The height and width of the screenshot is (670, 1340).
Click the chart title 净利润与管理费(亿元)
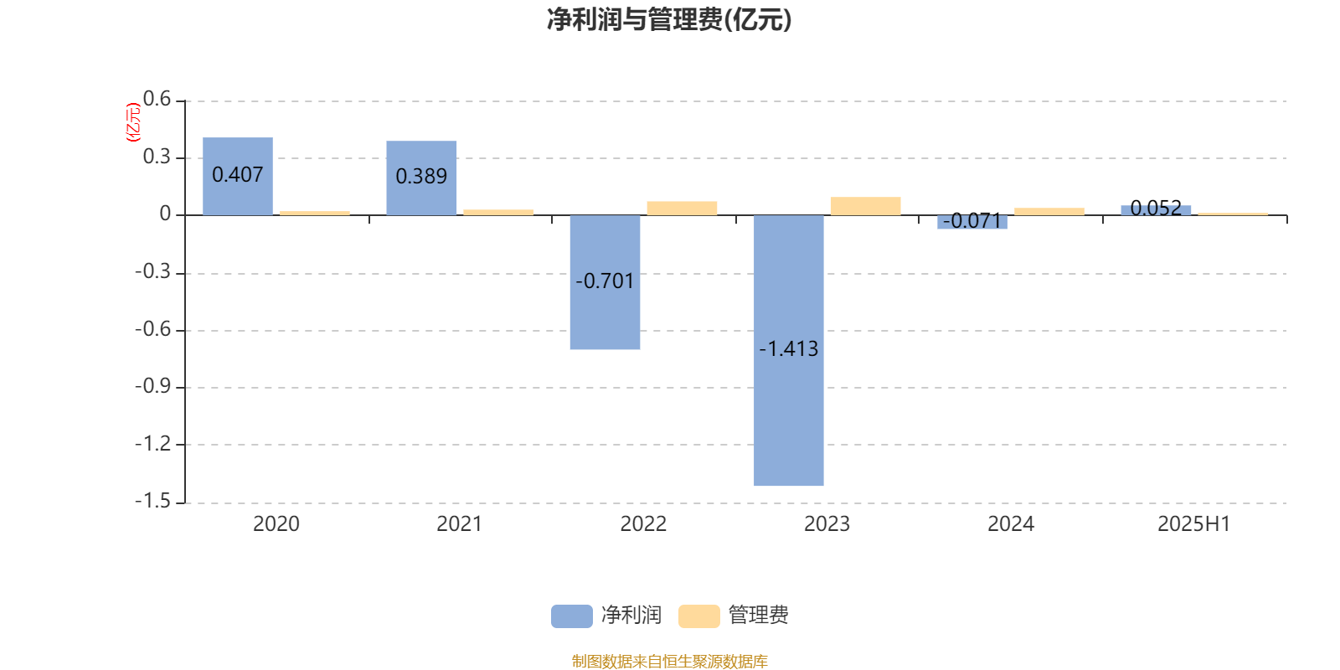tap(669, 20)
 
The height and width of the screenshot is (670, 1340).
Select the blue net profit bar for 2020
tap(238, 177)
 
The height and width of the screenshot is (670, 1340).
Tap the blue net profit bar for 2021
tap(421, 178)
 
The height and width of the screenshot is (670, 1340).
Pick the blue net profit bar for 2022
tap(605, 282)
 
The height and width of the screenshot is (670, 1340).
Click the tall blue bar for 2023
tap(788, 351)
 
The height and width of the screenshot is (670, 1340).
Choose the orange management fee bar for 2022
tap(682, 209)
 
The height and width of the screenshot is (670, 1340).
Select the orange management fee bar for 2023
tap(866, 206)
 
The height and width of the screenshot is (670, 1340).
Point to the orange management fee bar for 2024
tap(1049, 212)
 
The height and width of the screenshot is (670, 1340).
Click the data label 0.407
tap(238, 175)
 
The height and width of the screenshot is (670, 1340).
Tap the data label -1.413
tap(788, 348)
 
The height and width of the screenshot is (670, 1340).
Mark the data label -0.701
tap(605, 281)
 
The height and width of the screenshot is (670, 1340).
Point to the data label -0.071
tap(972, 221)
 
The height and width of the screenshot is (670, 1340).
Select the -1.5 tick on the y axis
tap(153, 501)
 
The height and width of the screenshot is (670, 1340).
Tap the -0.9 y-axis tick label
tap(153, 386)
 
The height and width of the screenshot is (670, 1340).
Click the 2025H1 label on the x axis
tap(1194, 524)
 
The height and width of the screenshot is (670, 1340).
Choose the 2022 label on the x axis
tap(643, 524)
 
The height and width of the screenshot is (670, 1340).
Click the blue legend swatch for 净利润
tap(572, 616)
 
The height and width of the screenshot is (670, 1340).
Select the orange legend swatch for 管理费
tap(699, 616)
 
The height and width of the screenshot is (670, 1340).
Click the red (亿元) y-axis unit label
tap(133, 122)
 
